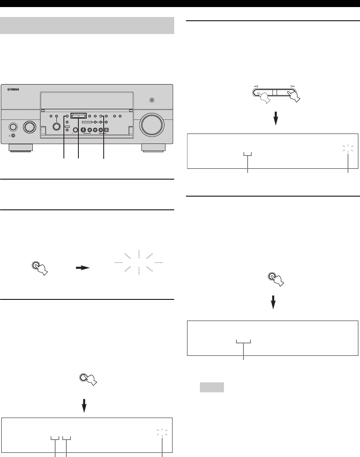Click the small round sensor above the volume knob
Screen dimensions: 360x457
pos(152,100)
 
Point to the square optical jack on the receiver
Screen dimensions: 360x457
pos(107,130)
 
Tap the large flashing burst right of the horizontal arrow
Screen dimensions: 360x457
pos(139,263)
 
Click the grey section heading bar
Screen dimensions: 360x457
pos(88,25)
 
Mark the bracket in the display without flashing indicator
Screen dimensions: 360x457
pos(243,342)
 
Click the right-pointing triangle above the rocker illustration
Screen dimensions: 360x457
pos(293,86)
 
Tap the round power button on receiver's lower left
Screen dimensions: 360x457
pos(12,126)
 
